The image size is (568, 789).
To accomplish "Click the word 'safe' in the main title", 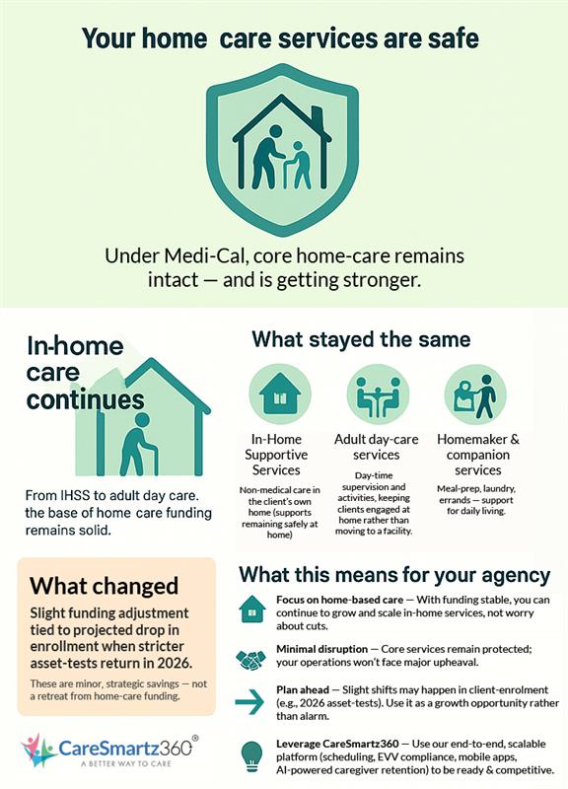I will pyautogui.click(x=452, y=38).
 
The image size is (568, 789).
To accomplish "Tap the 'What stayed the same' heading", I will pyautogui.click(x=360, y=339).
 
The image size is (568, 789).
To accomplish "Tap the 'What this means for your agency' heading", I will pyautogui.click(x=394, y=574).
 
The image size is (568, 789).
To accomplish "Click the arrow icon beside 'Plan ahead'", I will pyautogui.click(x=252, y=702).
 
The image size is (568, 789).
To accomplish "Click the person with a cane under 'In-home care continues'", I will pyautogui.click(x=137, y=444).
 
